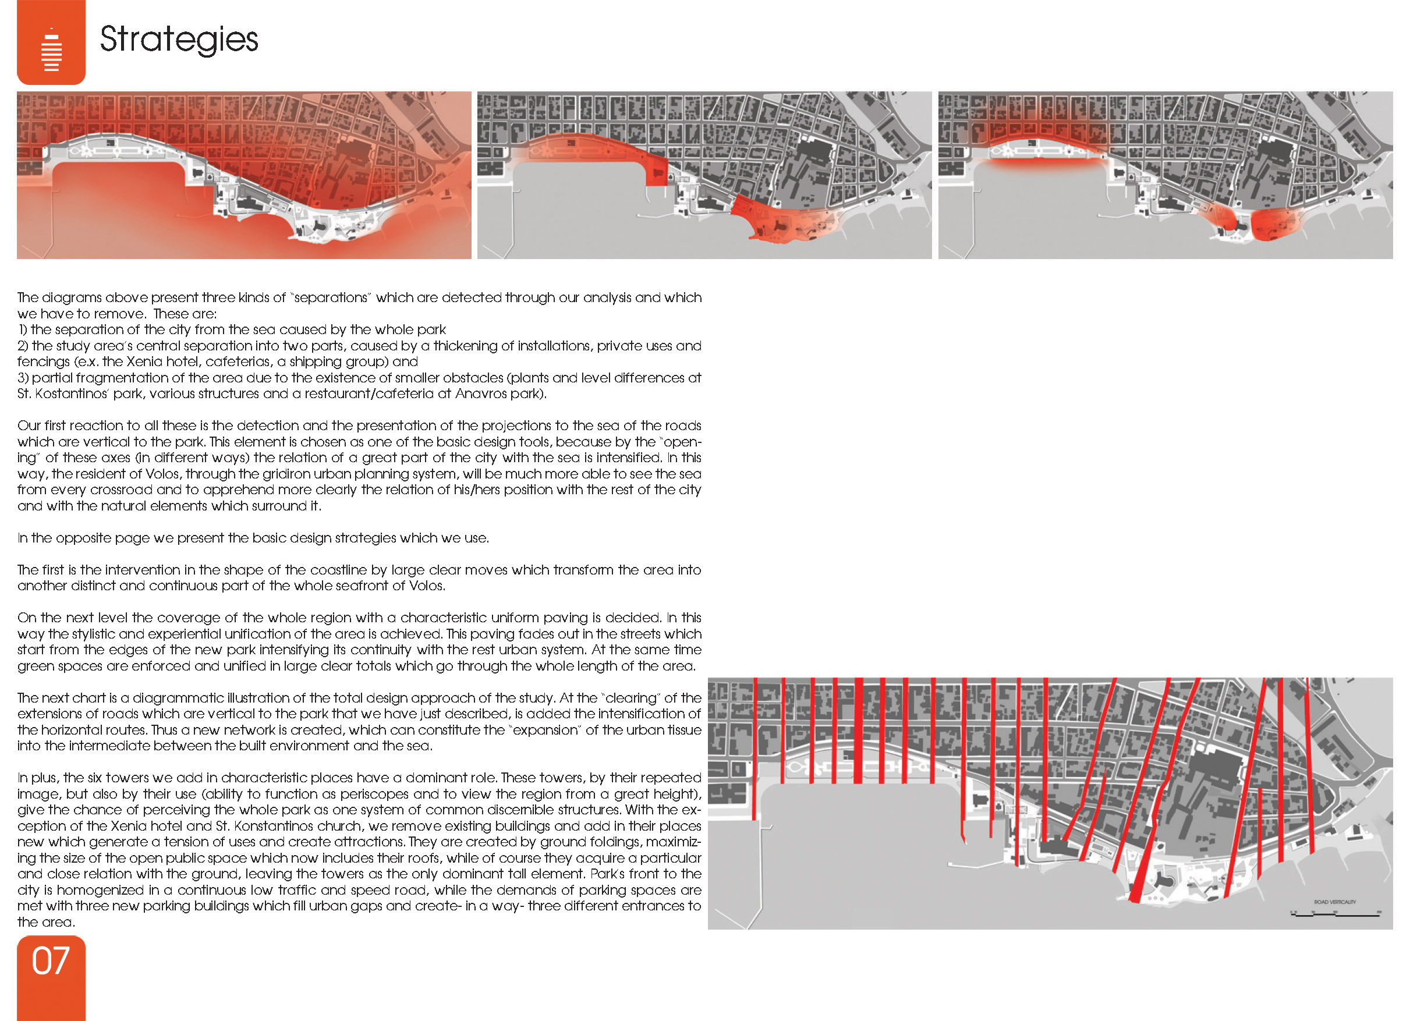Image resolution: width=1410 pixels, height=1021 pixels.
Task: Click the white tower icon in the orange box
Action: (52, 49)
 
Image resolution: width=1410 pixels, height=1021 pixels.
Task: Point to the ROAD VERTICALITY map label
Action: (1335, 902)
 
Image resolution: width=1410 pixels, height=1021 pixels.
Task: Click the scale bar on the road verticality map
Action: (1335, 914)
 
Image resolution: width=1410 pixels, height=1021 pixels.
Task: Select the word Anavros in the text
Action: (481, 393)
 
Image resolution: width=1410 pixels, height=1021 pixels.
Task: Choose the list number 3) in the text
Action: (23, 378)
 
